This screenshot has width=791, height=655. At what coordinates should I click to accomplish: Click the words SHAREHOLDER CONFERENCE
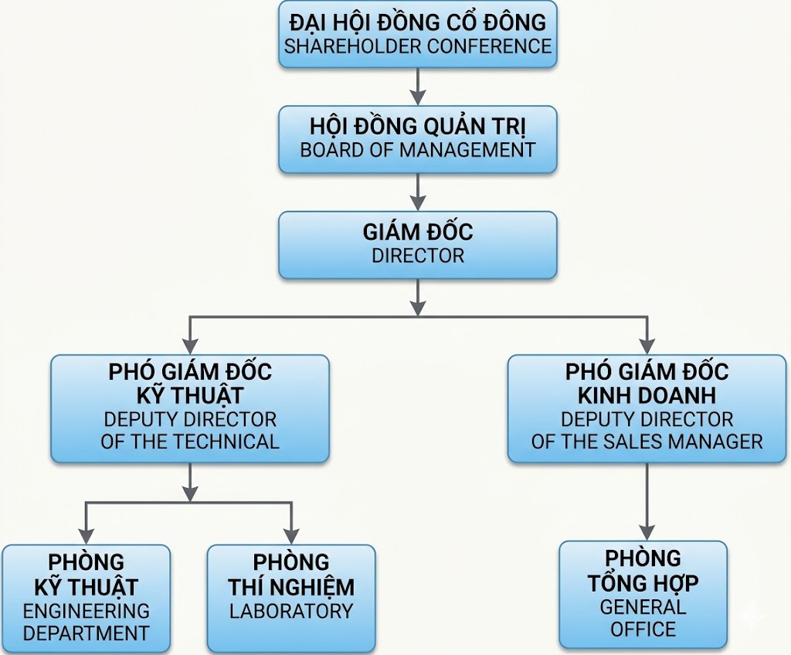click(418, 46)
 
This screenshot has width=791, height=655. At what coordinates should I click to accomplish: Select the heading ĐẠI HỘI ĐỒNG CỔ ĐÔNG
click(418, 22)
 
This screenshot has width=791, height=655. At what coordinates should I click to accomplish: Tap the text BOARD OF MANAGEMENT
click(418, 150)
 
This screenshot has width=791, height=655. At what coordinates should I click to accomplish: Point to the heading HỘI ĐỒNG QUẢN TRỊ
click(418, 126)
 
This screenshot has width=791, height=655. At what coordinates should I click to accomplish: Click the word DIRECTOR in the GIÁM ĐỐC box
click(418, 256)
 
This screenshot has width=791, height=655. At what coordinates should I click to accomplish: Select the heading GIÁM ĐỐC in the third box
click(418, 232)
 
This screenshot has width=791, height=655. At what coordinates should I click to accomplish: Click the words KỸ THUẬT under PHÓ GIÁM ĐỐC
click(190, 395)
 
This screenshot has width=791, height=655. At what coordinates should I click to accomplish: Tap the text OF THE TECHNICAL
click(190, 442)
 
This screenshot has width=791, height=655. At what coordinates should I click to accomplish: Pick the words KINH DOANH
click(647, 395)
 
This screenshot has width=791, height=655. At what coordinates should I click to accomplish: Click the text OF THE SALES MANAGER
click(647, 442)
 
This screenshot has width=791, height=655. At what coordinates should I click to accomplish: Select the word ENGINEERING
click(86, 610)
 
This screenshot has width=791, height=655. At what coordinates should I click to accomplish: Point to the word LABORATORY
click(290, 610)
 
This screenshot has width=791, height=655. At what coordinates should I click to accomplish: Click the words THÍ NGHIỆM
click(290, 587)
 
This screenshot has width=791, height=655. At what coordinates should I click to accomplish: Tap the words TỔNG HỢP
click(643, 582)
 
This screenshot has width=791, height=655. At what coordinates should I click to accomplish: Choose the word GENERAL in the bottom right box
click(643, 606)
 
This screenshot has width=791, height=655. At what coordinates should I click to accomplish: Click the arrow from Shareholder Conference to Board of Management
click(418, 87)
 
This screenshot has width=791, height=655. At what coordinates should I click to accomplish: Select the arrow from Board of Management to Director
click(418, 192)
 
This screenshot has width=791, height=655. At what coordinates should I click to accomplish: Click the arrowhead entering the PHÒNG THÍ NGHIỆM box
click(290, 535)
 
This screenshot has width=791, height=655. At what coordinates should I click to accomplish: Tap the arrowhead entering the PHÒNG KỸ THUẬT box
click(87, 535)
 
